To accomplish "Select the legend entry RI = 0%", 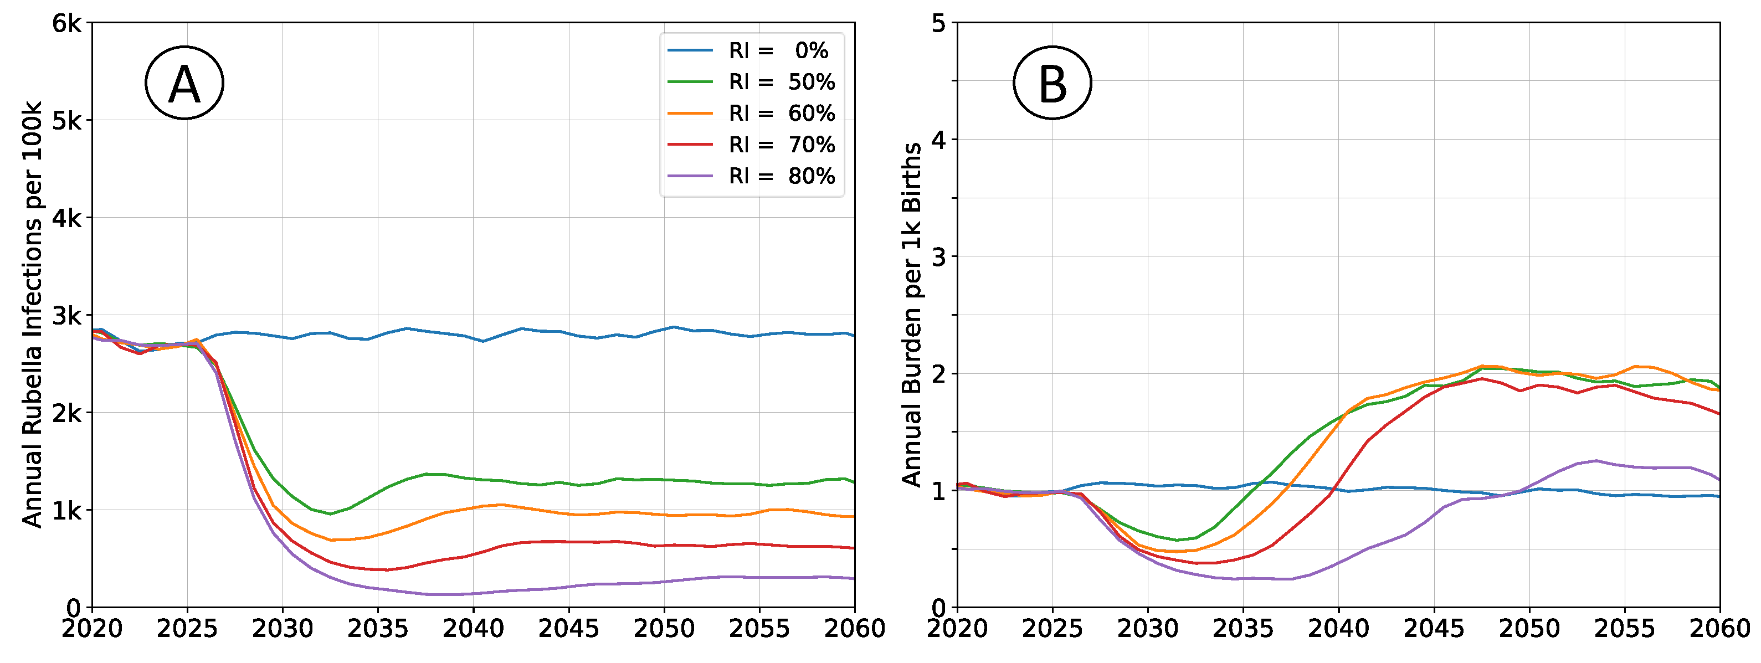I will tap(751, 50).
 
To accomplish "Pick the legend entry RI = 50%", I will tap(751, 82).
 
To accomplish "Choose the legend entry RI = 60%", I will tap(751, 114).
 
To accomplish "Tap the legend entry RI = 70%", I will tap(751, 145).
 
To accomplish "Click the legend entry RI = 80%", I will tap(751, 176).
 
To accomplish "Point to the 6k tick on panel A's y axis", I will tap(66, 24).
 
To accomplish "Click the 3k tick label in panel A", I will tap(66, 316).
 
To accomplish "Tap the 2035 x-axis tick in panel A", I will tap(377, 628).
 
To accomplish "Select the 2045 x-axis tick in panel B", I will tap(1434, 628).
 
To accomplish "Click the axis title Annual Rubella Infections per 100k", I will tap(32, 315).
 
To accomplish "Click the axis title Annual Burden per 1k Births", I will tap(911, 315).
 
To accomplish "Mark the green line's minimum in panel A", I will tap(330, 514).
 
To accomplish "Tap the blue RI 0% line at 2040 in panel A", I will tap(473, 337).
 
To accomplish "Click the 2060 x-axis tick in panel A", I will tap(854, 628).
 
